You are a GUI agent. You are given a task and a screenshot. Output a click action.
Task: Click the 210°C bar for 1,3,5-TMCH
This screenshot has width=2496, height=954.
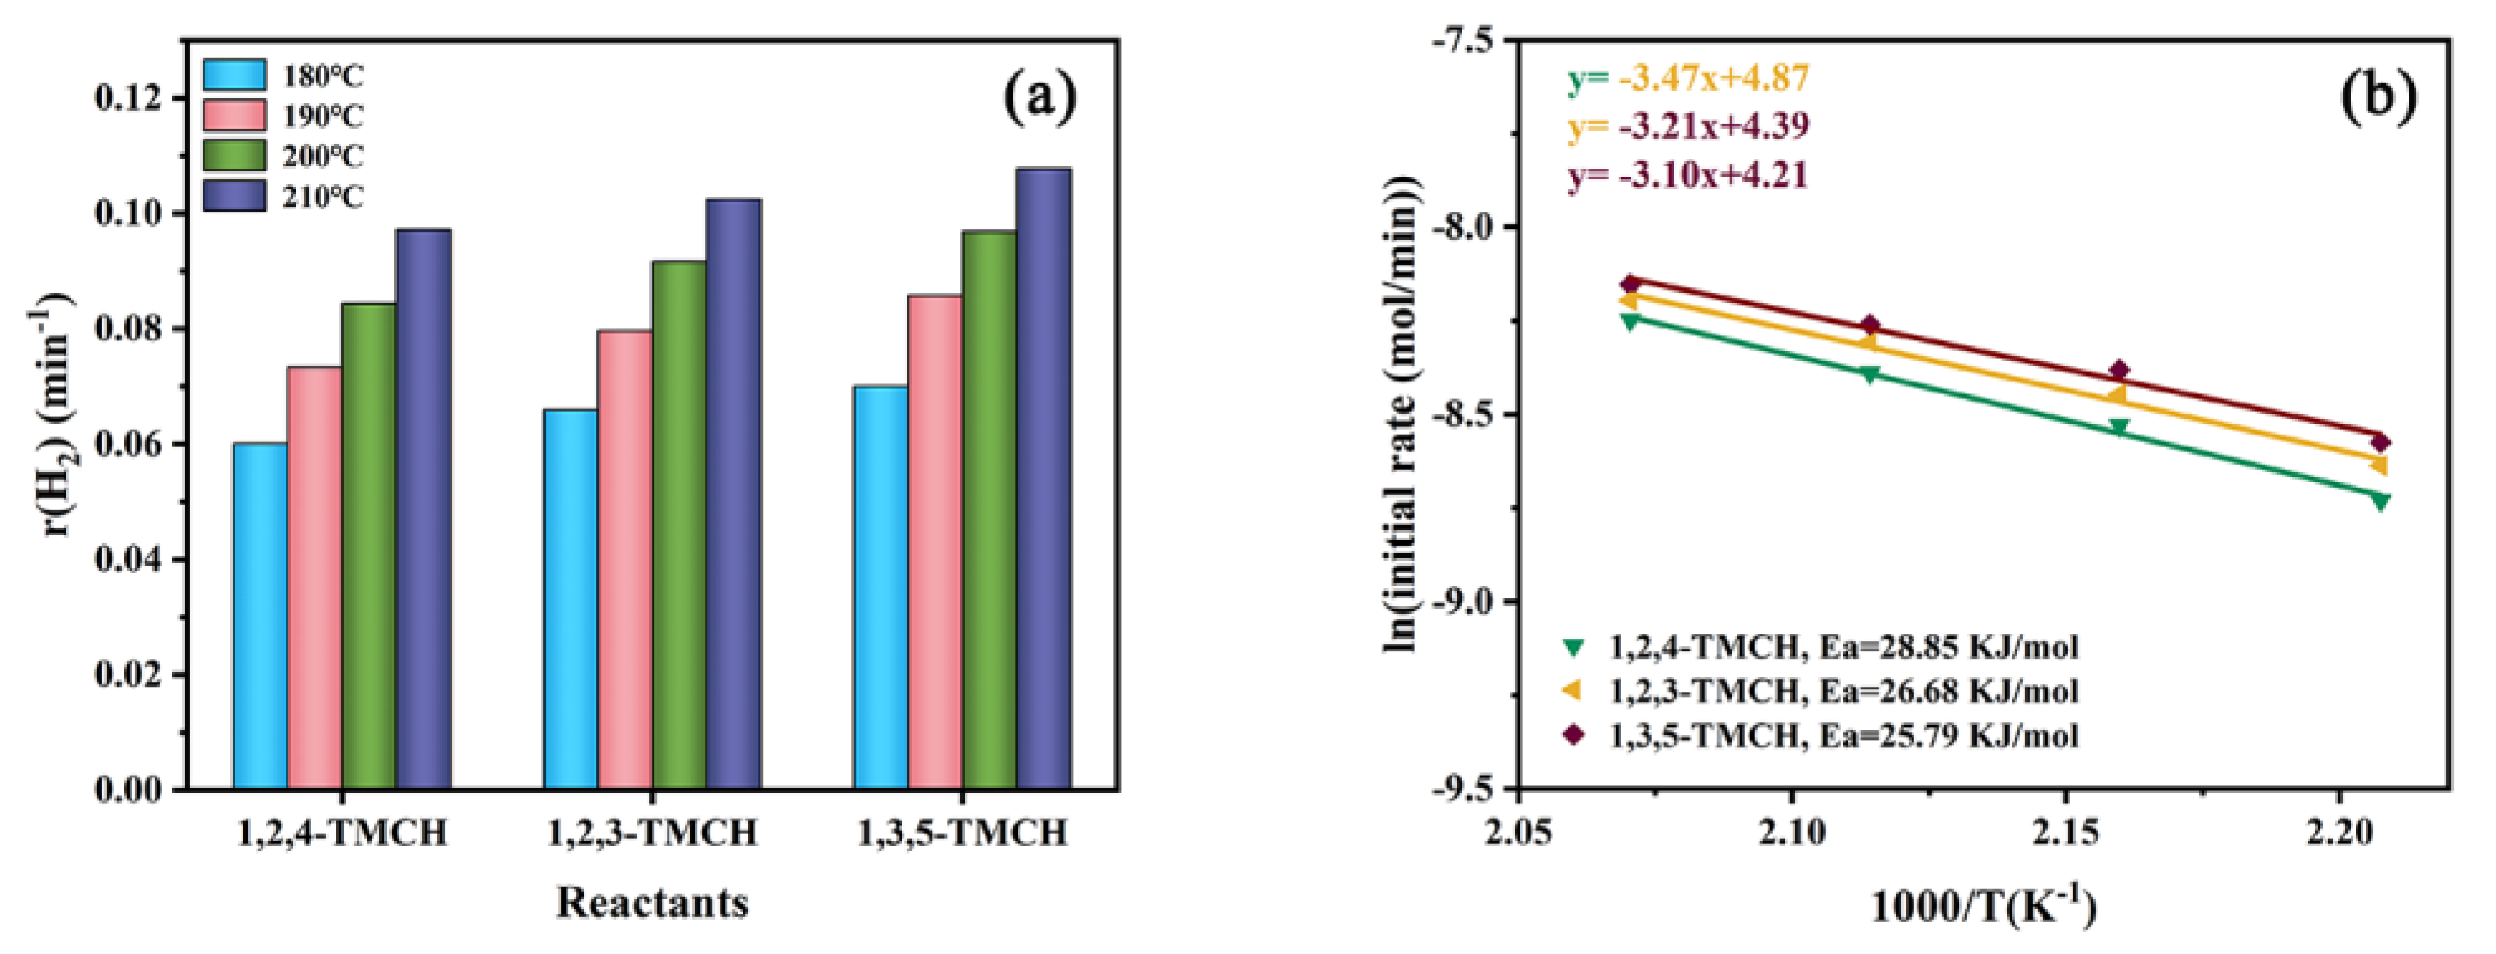coord(1044,478)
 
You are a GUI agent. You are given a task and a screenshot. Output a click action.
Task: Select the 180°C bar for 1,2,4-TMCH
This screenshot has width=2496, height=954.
coord(261,616)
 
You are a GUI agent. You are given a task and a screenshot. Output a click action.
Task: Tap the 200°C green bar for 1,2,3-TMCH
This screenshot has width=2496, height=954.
coord(679,525)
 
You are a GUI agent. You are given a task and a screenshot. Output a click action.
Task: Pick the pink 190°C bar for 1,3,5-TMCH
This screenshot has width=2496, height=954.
coord(935,542)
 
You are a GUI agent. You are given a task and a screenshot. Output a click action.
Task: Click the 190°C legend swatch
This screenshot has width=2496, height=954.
coord(234,115)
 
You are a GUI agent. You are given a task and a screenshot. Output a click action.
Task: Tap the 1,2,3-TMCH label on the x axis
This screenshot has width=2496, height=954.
coord(652,832)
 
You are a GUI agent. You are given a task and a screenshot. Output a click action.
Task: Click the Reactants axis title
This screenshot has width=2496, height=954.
coord(652,902)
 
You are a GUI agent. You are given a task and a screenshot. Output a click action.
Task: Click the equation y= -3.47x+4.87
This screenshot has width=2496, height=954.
coord(1689,77)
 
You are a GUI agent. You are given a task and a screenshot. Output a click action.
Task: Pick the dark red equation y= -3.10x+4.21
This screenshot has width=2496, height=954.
coord(1688,177)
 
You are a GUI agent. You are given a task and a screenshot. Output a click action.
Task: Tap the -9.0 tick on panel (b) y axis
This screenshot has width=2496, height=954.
coord(1465,603)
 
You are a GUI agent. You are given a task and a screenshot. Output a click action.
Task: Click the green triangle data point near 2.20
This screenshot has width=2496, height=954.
coord(2380,501)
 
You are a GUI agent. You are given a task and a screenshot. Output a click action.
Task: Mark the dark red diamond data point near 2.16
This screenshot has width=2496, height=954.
coord(2119,370)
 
